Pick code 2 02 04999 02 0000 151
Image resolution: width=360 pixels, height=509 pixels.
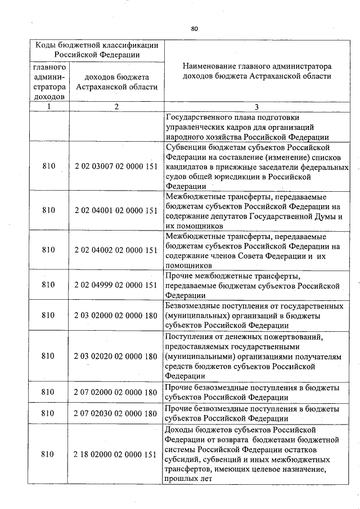(x=115, y=285)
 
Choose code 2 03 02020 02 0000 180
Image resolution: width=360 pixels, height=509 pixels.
(x=115, y=356)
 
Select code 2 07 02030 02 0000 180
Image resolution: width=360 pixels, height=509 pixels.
(x=115, y=413)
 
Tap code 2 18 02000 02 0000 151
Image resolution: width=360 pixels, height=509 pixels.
(x=115, y=454)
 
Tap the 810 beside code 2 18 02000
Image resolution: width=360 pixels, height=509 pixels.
(x=48, y=454)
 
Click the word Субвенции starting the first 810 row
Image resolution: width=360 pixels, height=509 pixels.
(x=187, y=147)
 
